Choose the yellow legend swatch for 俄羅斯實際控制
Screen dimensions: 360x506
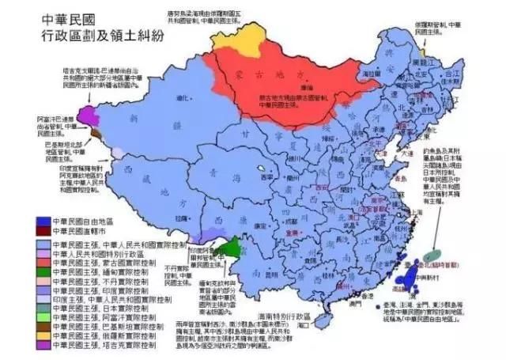point(41,335)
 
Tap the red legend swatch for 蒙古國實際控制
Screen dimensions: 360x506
point(41,261)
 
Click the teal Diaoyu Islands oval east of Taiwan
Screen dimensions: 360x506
point(432,256)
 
